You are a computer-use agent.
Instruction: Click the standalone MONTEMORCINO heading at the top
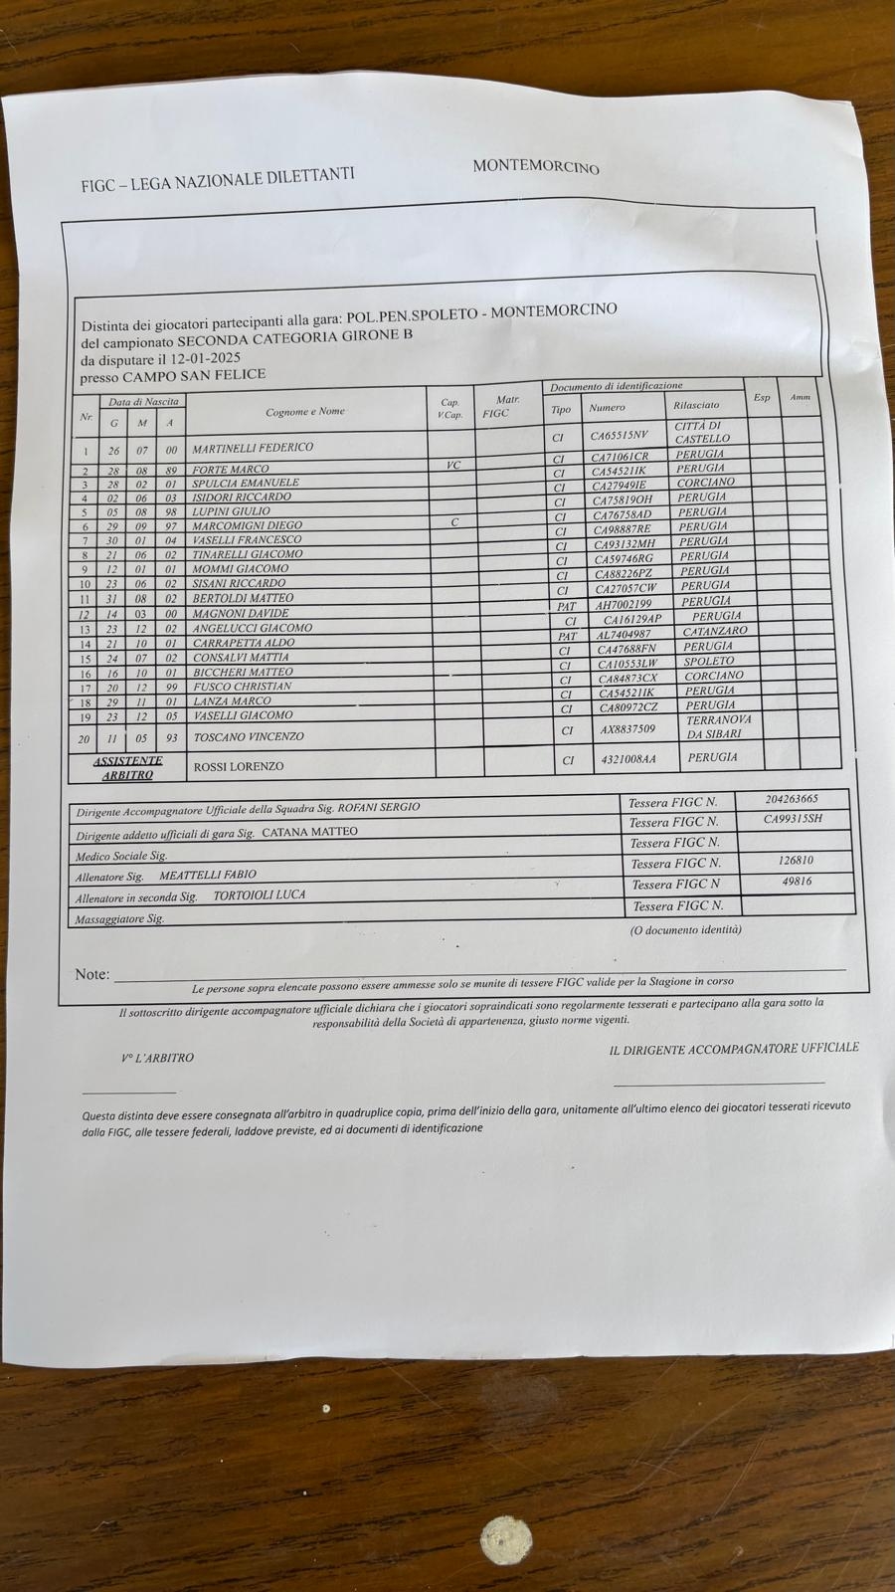click(536, 166)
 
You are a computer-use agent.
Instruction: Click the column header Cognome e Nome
click(305, 411)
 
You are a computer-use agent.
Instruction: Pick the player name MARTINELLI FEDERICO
click(252, 448)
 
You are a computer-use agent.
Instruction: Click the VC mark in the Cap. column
click(453, 465)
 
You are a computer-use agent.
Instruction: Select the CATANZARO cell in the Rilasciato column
click(714, 631)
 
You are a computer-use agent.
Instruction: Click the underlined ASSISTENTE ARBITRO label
click(126, 767)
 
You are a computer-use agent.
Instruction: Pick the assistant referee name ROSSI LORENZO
click(238, 766)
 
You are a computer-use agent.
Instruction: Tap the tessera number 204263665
click(793, 799)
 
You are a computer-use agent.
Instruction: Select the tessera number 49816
click(797, 882)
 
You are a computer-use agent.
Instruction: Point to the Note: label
click(92, 974)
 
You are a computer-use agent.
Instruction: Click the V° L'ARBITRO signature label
click(158, 1058)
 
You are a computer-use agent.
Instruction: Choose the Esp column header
click(762, 398)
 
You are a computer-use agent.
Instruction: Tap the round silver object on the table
click(505, 1541)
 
